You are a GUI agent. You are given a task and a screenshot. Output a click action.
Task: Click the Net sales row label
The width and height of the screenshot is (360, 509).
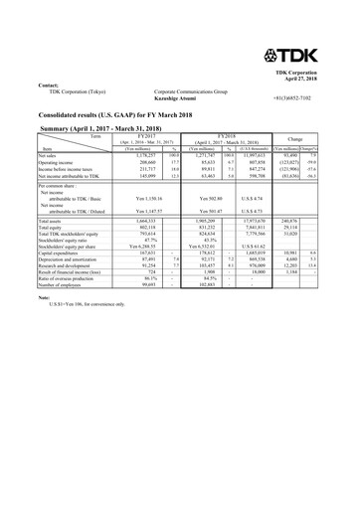point(48,155)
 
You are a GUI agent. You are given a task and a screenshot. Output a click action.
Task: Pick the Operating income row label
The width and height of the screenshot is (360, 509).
point(55,163)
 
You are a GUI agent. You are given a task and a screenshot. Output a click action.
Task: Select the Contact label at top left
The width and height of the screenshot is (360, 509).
point(49,86)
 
